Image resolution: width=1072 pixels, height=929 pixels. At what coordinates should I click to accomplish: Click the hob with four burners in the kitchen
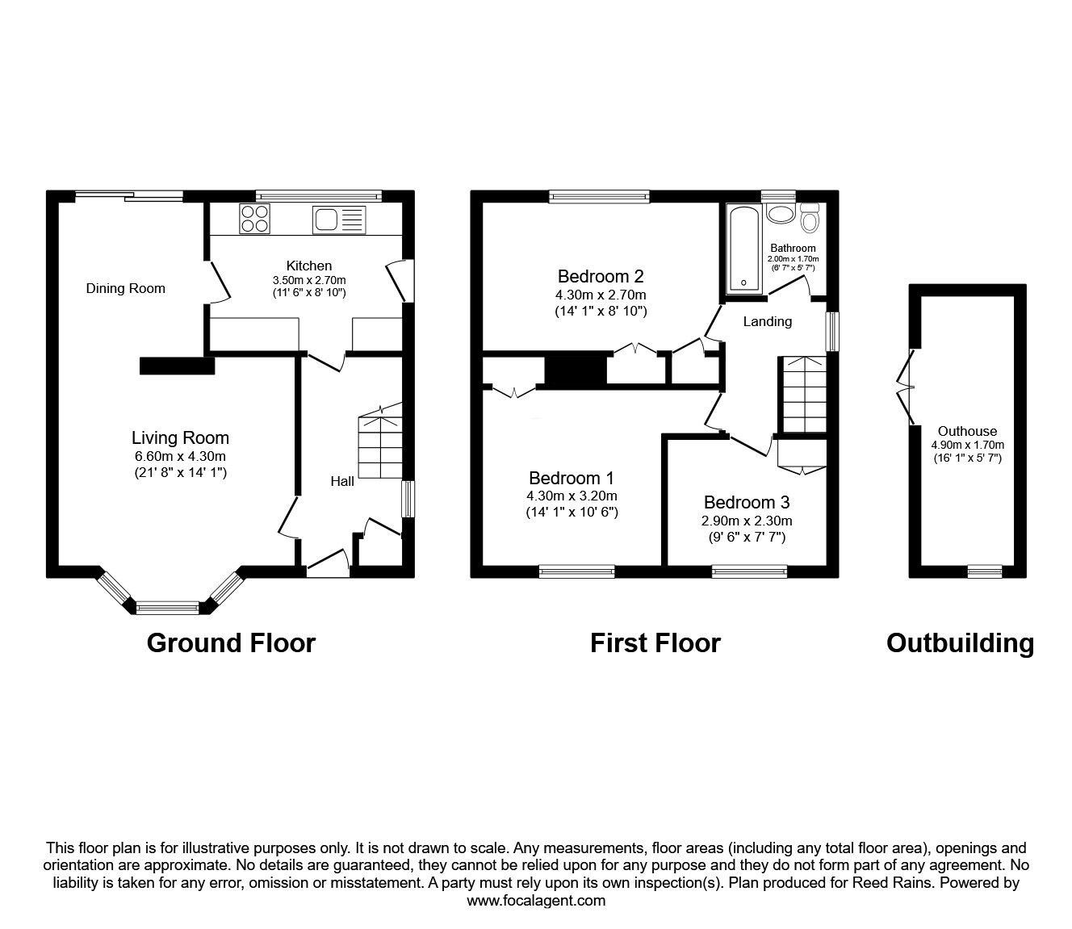[255, 219]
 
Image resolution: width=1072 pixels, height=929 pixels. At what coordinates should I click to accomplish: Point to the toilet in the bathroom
[809, 217]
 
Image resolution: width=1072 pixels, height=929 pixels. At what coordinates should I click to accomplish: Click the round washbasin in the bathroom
[780, 214]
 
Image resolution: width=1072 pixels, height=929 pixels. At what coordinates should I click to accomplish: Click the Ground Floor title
[231, 643]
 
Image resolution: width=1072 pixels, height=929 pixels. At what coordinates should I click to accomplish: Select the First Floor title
[655, 643]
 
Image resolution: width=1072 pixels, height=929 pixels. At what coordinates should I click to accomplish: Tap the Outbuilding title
[960, 643]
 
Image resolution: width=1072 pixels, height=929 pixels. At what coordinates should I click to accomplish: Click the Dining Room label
[125, 288]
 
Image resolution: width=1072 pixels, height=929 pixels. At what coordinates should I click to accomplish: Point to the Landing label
[767, 321]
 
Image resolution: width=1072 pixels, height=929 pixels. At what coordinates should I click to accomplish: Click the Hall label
[342, 481]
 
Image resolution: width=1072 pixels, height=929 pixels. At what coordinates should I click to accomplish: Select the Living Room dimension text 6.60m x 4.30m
[180, 457]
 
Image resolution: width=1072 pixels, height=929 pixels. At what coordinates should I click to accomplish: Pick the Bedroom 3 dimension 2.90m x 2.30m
[747, 521]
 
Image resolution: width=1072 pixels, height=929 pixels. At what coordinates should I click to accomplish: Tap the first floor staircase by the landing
[802, 395]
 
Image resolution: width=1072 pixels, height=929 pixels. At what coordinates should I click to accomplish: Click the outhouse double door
[905, 387]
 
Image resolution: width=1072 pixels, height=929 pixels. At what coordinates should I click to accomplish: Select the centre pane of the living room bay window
[167, 608]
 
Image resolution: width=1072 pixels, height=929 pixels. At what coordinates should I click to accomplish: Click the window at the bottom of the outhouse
[984, 571]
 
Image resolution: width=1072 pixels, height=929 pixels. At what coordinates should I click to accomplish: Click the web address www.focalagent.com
[536, 901]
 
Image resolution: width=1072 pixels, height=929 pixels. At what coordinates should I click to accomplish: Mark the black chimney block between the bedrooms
[576, 370]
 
